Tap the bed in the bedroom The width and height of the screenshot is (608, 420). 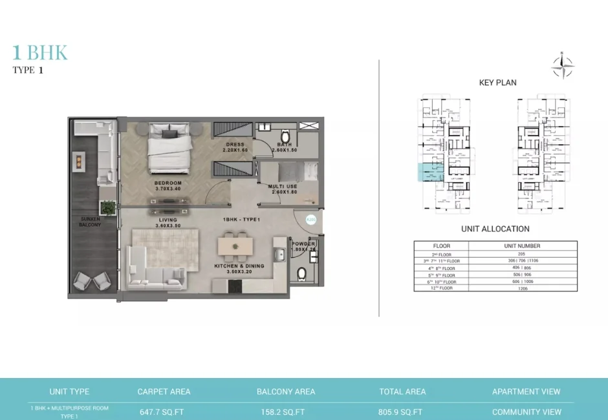point(169,147)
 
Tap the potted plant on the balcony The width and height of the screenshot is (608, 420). point(108,207)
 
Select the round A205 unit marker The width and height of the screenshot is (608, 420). point(310,220)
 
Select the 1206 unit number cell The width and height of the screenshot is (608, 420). point(522,288)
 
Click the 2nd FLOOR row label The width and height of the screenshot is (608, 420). point(441,254)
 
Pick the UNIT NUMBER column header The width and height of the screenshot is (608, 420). point(522,246)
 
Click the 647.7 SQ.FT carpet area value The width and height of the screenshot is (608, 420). point(164,412)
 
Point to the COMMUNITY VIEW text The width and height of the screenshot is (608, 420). point(526,412)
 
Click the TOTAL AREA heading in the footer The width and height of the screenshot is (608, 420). point(402,392)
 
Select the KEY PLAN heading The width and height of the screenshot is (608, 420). point(497,83)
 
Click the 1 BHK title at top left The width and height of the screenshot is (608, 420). point(40,53)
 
